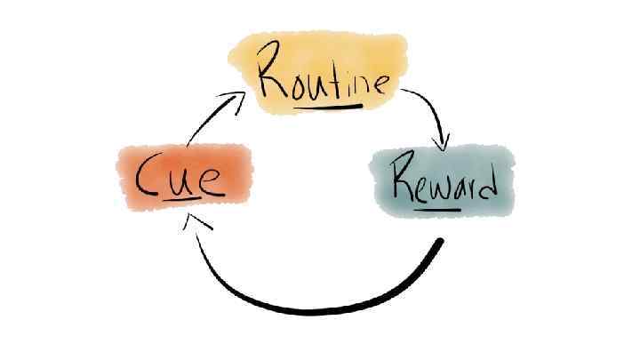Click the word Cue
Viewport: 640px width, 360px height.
[179, 180]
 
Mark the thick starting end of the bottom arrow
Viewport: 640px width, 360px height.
[436, 247]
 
